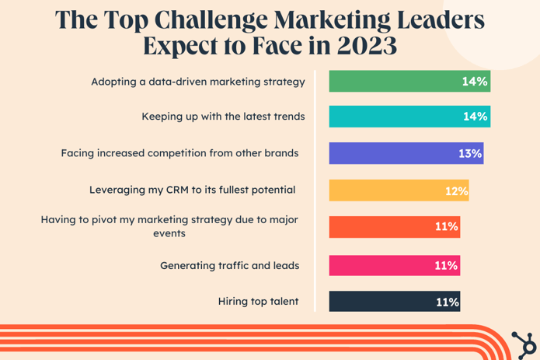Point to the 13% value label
(470, 154)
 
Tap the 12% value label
(456, 191)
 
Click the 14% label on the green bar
(474, 81)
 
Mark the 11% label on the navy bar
(447, 302)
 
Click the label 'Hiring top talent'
(260, 302)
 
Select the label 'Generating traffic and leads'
(229, 266)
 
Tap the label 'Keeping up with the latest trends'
(223, 117)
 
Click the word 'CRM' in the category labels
(191, 190)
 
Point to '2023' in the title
(367, 45)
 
